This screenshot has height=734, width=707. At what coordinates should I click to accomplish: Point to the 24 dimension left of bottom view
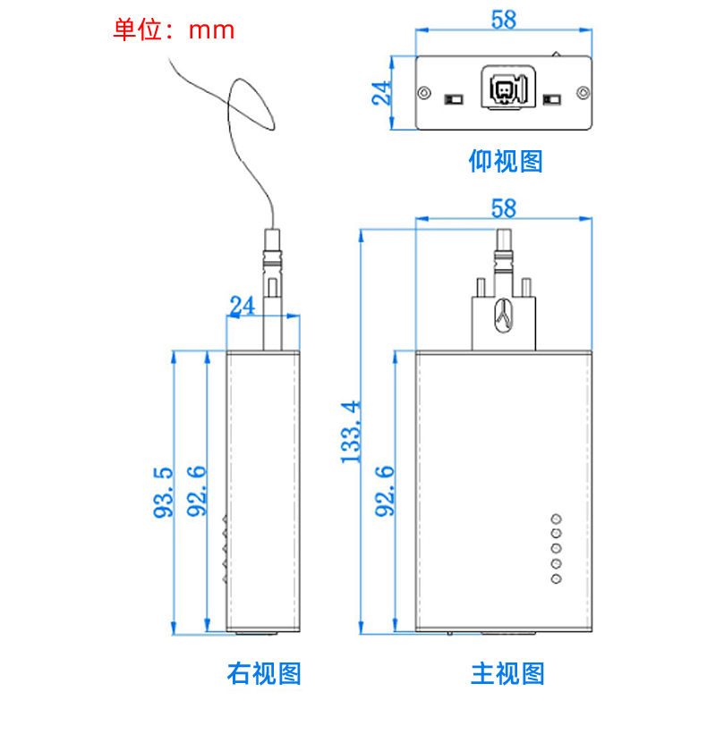[382, 92]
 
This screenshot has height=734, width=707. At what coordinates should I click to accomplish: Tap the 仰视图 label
[506, 161]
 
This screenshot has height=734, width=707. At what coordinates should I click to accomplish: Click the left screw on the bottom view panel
[425, 92]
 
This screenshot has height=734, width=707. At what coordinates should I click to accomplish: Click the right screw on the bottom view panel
[583, 92]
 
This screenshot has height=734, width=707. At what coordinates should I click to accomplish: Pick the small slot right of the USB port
[552, 97]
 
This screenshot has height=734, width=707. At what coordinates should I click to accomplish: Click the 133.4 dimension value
[352, 431]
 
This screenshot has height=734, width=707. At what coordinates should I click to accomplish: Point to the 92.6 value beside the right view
[197, 492]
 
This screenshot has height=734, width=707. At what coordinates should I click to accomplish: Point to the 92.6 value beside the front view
[386, 492]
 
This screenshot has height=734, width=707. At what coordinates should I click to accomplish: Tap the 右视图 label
[264, 673]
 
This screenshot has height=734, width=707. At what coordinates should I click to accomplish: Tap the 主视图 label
[507, 673]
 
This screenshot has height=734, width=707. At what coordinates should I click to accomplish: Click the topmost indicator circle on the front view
[556, 519]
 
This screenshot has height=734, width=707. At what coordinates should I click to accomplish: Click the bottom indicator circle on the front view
[556, 579]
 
